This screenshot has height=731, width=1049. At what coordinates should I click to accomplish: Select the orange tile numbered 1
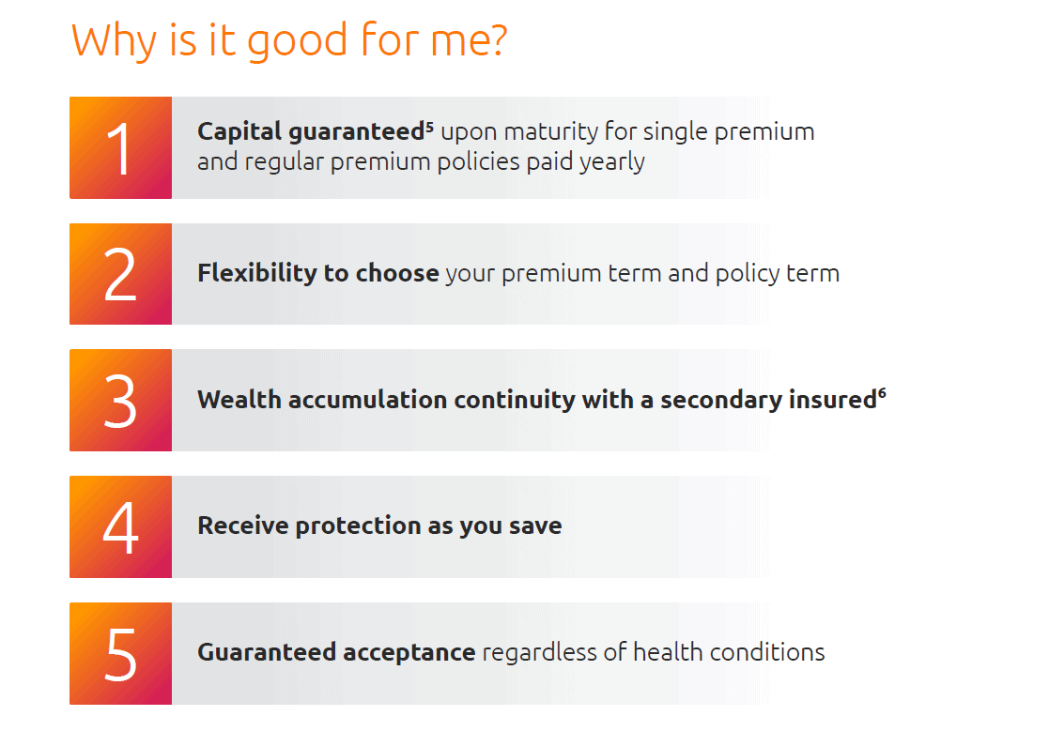click(120, 148)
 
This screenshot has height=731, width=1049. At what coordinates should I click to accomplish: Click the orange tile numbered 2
click(120, 274)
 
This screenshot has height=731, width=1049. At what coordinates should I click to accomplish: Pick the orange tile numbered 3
click(120, 401)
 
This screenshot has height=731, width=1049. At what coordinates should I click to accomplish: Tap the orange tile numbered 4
click(120, 526)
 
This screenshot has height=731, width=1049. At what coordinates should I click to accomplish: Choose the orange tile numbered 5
click(120, 653)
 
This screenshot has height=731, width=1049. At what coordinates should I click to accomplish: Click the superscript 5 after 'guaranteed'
click(429, 126)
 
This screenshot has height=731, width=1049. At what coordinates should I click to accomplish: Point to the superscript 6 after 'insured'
click(882, 394)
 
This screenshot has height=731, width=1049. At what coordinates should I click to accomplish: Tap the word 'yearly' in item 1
click(611, 162)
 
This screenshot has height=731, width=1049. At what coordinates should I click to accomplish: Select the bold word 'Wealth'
click(239, 401)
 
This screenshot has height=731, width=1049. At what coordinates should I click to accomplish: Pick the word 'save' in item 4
click(535, 526)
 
